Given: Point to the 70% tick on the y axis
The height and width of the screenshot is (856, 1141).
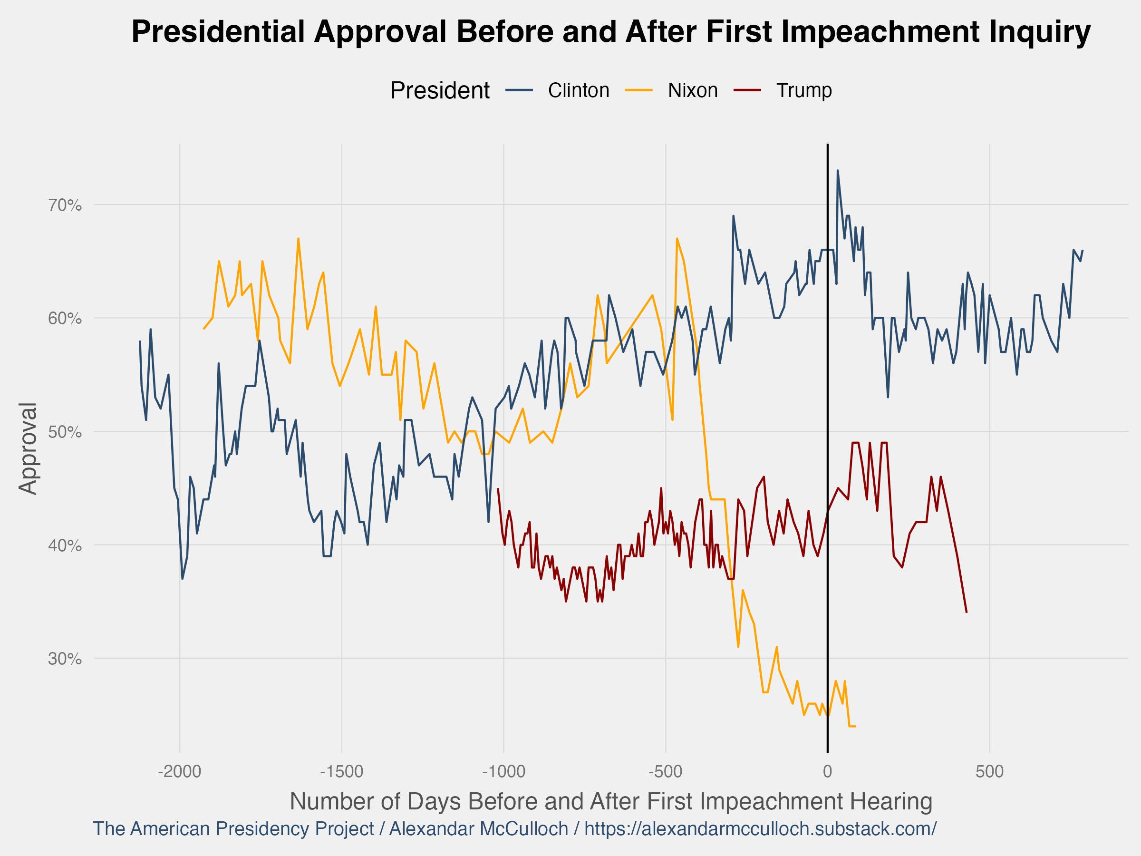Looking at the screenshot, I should pos(65,205).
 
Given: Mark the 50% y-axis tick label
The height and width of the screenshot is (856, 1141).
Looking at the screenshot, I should pos(65,432).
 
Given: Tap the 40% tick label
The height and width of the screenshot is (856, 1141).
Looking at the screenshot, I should pos(65,545).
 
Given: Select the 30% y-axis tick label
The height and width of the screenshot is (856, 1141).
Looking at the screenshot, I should pos(65,659).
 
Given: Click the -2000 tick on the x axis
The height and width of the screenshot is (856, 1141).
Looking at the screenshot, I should pos(180,772).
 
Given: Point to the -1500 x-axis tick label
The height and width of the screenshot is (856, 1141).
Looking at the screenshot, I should pos(341,772).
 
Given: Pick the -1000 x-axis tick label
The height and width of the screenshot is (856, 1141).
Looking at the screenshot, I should pos(503,772).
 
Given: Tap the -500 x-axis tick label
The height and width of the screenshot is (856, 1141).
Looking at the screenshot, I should pos(666,772).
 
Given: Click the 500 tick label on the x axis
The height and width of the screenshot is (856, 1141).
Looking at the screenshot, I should pos(989,772).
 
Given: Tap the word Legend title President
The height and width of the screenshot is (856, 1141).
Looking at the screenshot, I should pos(439,91).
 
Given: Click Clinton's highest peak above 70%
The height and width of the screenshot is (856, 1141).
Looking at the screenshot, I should pos(838,170).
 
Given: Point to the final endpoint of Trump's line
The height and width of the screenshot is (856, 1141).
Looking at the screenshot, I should pos(966,612).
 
